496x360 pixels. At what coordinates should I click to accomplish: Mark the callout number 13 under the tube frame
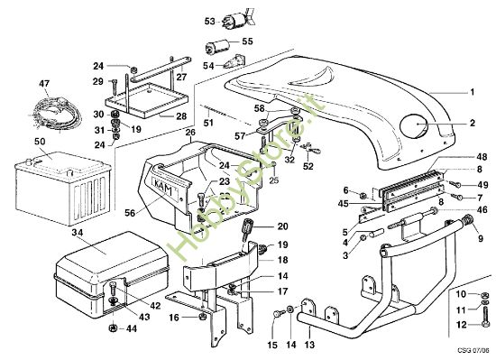tap(308, 345)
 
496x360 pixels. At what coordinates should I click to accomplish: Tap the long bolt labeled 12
tap(486, 321)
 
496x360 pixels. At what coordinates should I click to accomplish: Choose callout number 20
tap(281, 226)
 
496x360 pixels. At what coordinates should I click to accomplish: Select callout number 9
tap(469, 241)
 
